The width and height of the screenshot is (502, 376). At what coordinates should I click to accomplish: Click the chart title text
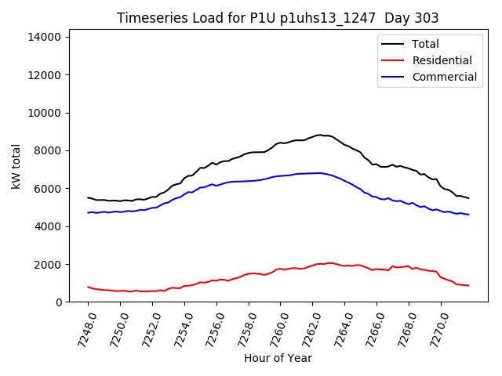278,17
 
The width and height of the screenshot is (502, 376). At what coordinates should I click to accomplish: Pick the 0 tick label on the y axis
60,302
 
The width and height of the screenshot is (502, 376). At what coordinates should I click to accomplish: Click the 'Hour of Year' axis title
278,358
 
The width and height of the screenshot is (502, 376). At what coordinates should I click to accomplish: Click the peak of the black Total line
318,135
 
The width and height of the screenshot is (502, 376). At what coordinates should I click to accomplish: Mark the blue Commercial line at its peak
318,173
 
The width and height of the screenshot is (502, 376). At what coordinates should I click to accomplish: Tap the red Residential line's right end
468,285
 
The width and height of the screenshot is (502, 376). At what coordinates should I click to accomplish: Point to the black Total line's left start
88,197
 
